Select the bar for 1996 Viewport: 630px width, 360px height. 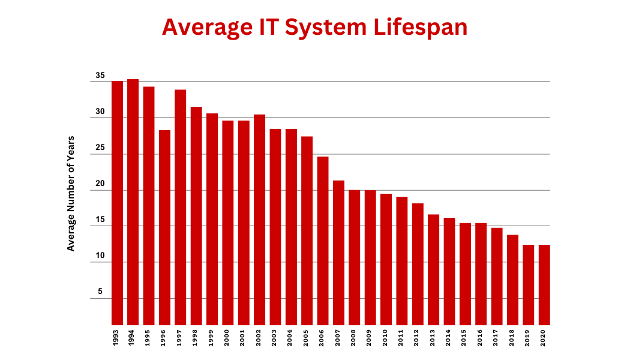click(x=164, y=227)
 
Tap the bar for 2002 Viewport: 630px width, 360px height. click(x=259, y=220)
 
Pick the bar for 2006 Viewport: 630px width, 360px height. click(x=323, y=241)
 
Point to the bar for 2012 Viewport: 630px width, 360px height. click(x=418, y=264)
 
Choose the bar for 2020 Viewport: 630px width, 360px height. click(x=544, y=285)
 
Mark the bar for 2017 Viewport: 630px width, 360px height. click(x=497, y=277)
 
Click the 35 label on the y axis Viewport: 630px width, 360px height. click(x=100, y=76)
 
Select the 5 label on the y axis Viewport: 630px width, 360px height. click(x=100, y=292)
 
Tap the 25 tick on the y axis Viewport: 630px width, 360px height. click(x=100, y=148)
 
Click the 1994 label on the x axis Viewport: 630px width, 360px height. click(x=133, y=338)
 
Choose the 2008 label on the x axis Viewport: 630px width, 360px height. click(x=355, y=338)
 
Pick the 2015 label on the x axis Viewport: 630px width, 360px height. click(x=465, y=338)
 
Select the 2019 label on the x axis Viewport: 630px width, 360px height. click(x=529, y=338)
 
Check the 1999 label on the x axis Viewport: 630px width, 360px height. click(x=212, y=338)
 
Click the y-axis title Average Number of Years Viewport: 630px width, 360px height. click(x=71, y=193)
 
